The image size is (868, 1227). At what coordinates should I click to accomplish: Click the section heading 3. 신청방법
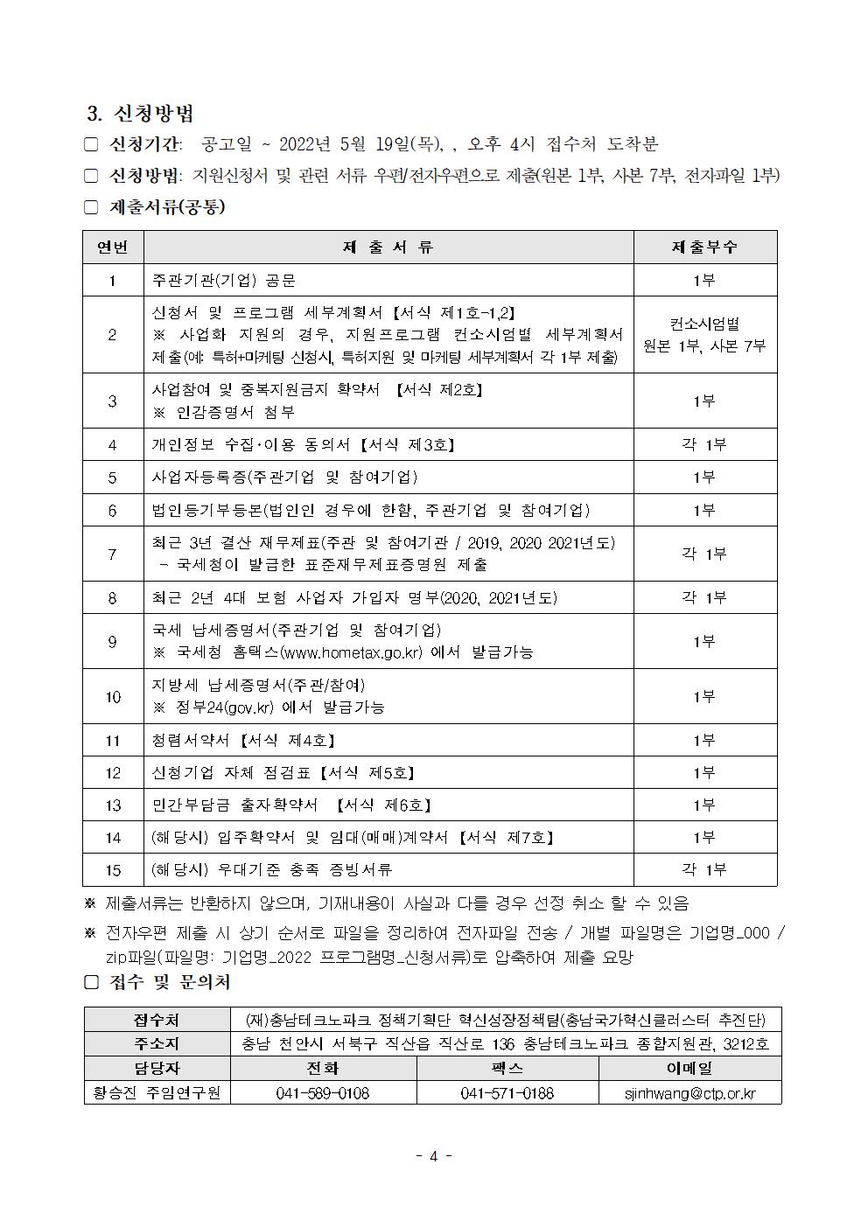(141, 114)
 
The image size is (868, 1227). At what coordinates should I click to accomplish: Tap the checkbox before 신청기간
(91, 144)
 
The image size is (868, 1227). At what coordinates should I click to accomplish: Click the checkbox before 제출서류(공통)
(91, 207)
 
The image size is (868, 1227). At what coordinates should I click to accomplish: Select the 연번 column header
(113, 247)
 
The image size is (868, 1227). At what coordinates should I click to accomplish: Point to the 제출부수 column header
(704, 247)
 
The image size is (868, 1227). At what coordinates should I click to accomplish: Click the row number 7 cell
(113, 554)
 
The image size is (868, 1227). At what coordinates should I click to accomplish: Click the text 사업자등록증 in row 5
(199, 478)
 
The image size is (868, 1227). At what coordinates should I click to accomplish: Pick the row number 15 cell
(113, 869)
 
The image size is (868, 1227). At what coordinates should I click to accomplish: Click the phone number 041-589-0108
(323, 1093)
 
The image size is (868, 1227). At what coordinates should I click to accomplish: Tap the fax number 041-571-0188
(507, 1093)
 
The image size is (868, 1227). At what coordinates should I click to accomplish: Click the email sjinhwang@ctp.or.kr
(690, 1093)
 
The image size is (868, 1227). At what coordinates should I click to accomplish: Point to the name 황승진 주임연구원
(157, 1093)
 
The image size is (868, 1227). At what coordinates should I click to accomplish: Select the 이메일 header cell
(689, 1068)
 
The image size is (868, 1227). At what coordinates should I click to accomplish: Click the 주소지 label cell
(157, 1044)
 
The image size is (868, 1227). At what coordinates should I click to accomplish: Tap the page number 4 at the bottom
(433, 1156)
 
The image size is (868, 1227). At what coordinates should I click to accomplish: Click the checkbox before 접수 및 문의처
(91, 982)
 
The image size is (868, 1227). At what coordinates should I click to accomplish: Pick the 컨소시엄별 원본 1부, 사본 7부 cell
(704, 335)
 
